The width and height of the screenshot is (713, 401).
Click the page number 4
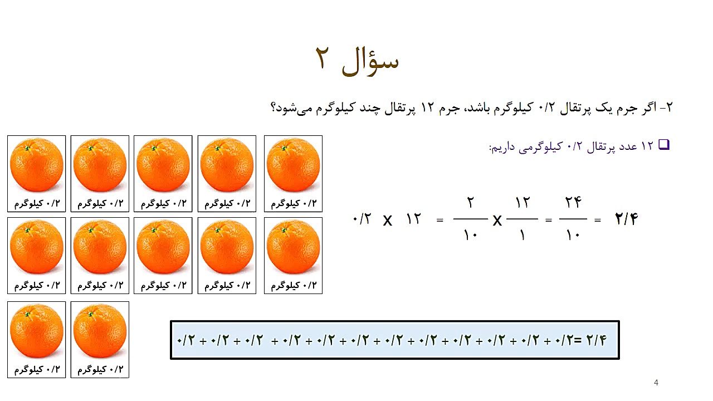656,383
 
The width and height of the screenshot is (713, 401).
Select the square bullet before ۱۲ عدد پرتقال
663,145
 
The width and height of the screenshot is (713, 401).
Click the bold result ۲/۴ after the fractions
626,219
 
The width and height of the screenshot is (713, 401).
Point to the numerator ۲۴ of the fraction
573,203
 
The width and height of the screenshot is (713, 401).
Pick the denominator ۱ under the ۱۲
522,235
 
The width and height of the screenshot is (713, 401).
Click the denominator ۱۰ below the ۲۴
573,235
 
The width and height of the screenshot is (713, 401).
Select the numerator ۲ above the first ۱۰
471,203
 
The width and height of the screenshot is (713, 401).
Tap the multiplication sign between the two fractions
497,221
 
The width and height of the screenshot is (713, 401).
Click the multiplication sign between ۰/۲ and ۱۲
388,221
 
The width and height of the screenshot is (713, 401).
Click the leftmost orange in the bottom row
37,332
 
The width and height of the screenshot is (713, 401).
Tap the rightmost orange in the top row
293,165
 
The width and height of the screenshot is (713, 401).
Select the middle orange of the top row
163,165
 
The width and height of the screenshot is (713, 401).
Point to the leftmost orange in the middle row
37,247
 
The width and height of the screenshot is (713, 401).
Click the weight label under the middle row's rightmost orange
293,286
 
